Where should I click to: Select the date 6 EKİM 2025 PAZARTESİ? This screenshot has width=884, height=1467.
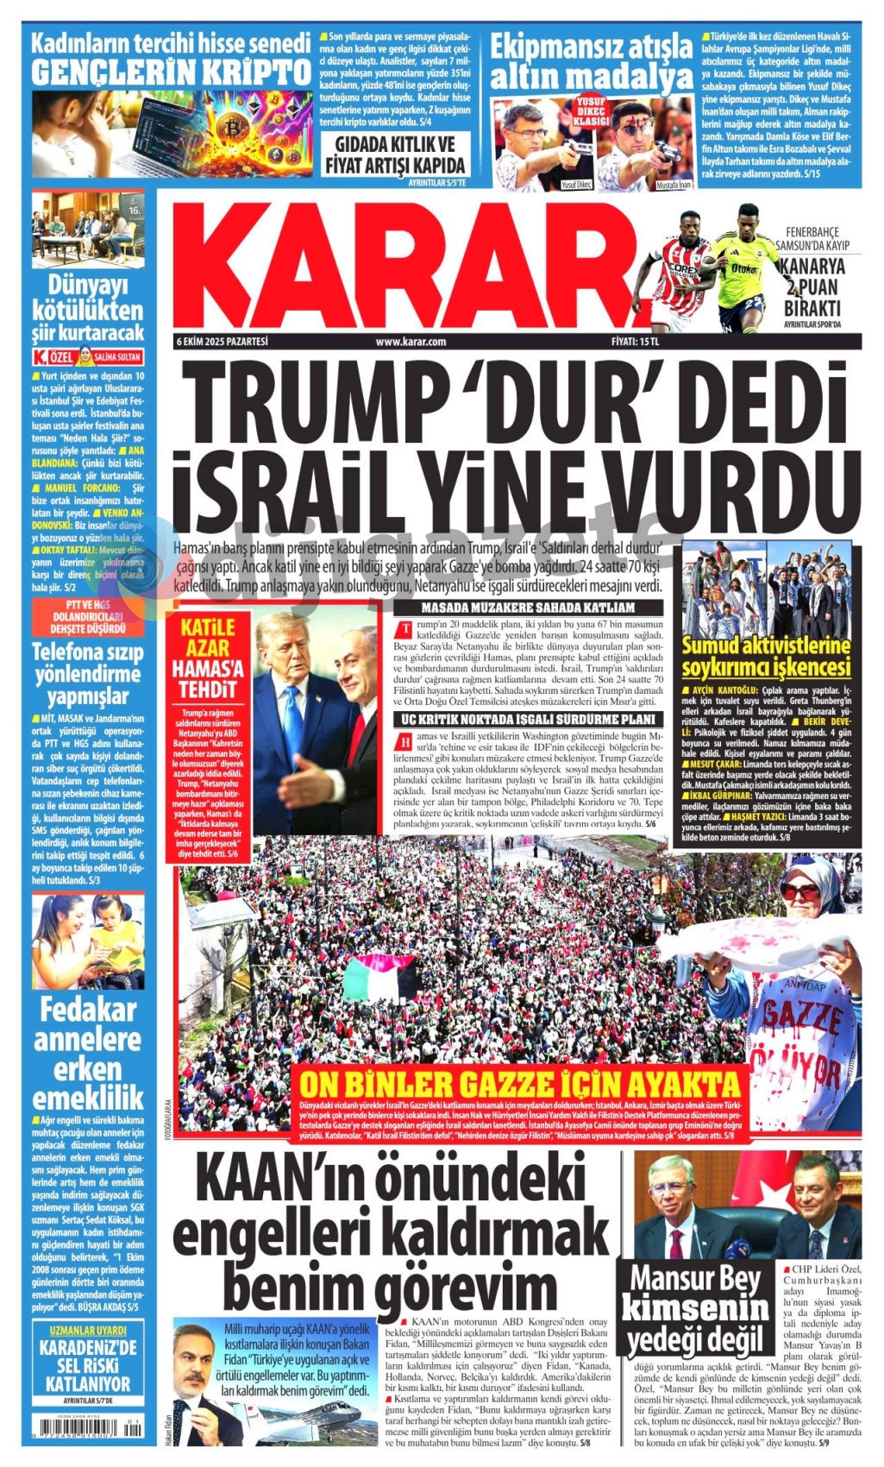(x=223, y=342)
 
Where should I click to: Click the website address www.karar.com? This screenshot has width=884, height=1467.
(x=411, y=342)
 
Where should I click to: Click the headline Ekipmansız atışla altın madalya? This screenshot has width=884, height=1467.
(x=591, y=61)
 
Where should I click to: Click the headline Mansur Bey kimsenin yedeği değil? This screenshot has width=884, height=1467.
(x=696, y=1309)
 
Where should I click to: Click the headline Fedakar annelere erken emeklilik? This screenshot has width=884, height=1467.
(x=88, y=1055)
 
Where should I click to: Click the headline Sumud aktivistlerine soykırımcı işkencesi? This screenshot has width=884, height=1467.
(x=766, y=656)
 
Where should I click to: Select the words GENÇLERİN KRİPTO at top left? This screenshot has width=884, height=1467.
(x=171, y=72)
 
